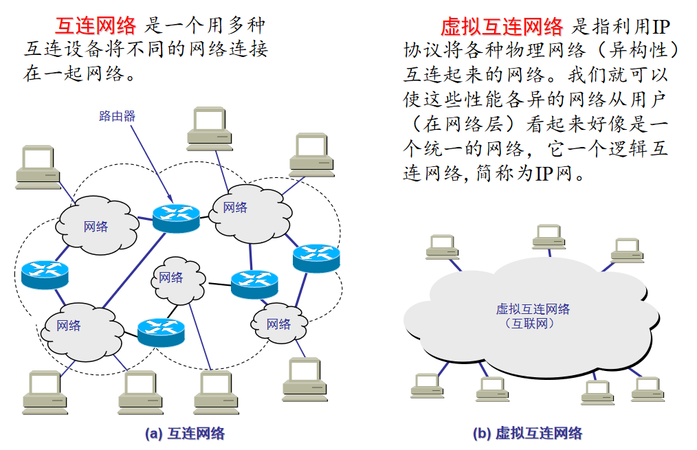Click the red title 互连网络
point(97,25)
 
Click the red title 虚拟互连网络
point(502,26)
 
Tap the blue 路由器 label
point(117,116)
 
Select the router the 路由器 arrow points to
point(176,217)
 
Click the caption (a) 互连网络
point(185,434)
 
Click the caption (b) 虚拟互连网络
point(527,434)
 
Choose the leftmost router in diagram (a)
point(45,274)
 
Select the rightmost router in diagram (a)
point(316,258)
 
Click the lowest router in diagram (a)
point(161,332)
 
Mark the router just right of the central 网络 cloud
point(254,283)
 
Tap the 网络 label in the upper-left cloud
point(96,226)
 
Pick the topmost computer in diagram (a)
point(208,128)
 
